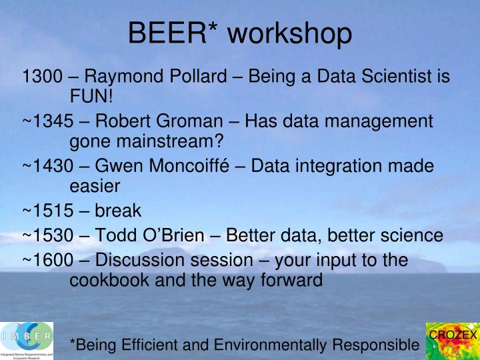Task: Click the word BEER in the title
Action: coord(167,33)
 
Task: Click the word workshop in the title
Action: coord(289,34)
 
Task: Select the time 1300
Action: coord(42,76)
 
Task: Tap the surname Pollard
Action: coord(199,76)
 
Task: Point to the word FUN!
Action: coord(91,96)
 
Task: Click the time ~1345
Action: coord(48,121)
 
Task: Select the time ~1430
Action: coord(48,166)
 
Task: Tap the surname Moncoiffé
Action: coord(189,165)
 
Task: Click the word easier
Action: coord(95,187)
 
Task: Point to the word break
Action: coord(118,211)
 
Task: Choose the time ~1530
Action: coord(48,235)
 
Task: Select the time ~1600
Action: coord(48,260)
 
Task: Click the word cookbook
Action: coord(109,280)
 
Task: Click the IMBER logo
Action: coord(27,341)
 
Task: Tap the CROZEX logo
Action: coord(453,341)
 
